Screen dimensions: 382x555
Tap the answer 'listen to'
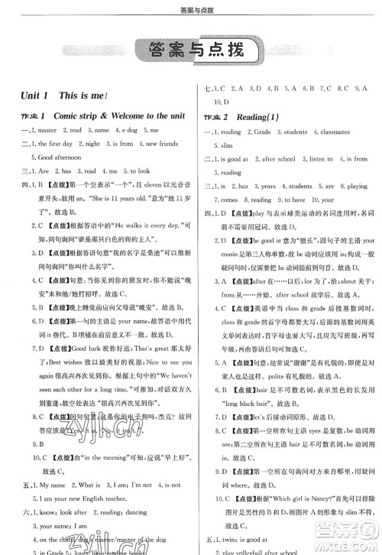[x=319, y=159]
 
